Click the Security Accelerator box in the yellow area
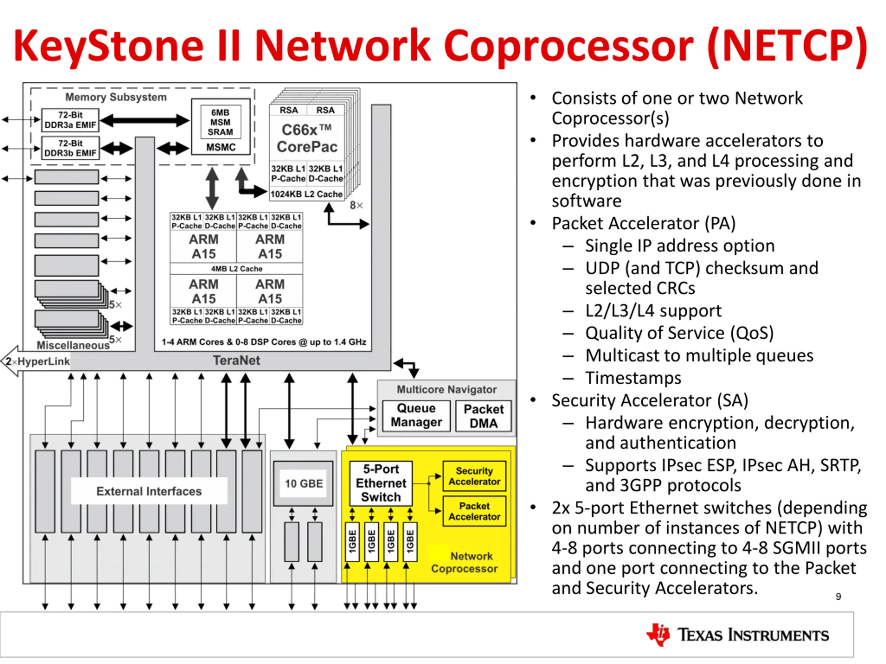coord(474,476)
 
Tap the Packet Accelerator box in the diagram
coord(474,511)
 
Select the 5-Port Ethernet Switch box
coord(381,483)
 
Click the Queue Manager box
coord(416,415)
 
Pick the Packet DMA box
coord(483,416)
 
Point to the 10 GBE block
coord(303,483)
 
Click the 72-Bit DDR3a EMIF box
coord(71,120)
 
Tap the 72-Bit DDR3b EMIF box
coord(71,148)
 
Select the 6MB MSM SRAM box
coord(221,122)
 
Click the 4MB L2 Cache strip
coord(236,269)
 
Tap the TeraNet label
coord(236,360)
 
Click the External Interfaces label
coord(149,491)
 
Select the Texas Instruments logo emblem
coord(658,634)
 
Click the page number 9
coord(838,597)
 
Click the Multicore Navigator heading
coord(446,389)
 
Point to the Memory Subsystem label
coord(116,97)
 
